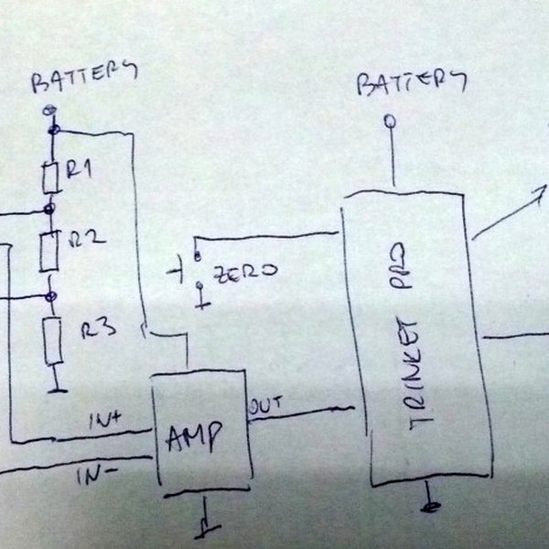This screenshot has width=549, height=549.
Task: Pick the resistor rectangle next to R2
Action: [x=49, y=250]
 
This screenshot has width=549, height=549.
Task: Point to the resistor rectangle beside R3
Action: [x=54, y=340]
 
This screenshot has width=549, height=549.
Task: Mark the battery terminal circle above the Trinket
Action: [x=391, y=121]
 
